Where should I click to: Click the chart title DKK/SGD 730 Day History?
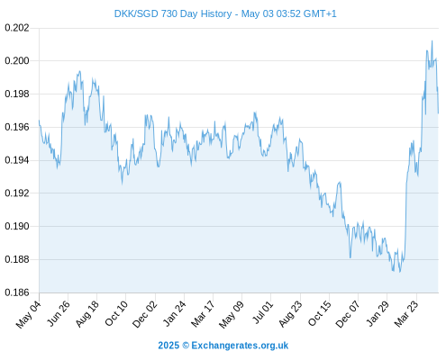tap(173, 13)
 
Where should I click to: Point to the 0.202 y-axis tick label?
tap(17, 28)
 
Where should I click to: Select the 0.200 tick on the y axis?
tap(17, 61)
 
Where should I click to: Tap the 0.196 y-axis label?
tap(17, 127)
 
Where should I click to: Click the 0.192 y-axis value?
tap(17, 193)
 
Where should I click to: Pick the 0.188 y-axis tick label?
tap(17, 259)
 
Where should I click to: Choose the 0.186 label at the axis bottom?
tap(17, 292)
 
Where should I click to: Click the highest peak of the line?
tap(432, 40)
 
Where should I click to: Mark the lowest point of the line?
tap(400, 272)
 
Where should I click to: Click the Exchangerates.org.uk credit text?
tap(240, 346)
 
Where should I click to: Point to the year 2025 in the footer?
tap(168, 346)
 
